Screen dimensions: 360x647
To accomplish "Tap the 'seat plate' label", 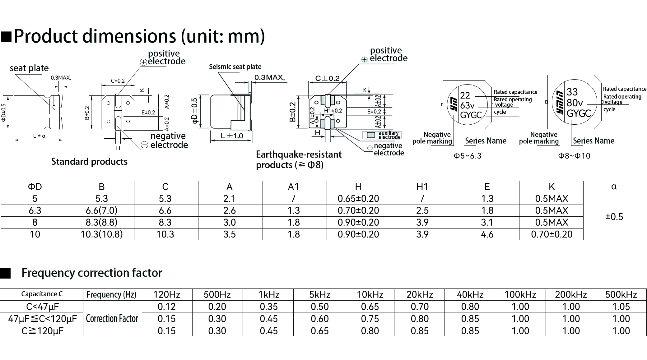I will point(29,68).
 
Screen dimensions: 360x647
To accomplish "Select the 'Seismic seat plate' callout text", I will point(235,67).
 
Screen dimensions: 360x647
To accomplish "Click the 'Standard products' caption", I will point(89,161).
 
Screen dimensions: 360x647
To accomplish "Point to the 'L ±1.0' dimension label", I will point(232,136).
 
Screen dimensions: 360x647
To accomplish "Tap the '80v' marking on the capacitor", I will point(575,103).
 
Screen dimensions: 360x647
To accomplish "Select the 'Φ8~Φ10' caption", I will point(574,156).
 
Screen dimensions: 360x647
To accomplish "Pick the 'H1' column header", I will point(422,187).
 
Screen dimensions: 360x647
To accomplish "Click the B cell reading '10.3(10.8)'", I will point(102,234).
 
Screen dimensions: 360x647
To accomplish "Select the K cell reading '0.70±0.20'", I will point(552,234).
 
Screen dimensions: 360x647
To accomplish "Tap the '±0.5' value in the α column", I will point(614,217).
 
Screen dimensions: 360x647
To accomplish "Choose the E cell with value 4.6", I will point(487,234).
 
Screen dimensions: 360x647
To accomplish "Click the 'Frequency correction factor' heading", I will point(92,273).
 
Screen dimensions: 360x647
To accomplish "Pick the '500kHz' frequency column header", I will point(621,294).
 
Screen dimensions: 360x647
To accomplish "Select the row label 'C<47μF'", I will point(42,307).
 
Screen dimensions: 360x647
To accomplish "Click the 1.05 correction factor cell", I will point(621,307).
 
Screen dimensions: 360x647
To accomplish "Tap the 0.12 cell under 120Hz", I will point(167,307).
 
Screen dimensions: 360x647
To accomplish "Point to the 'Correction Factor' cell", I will point(112,319).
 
